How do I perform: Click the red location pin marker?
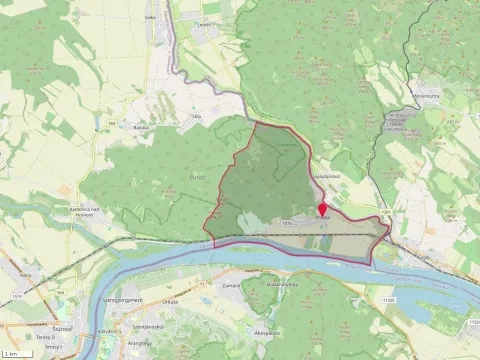pos(322,211)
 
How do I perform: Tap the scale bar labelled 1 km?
pos(13,354)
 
